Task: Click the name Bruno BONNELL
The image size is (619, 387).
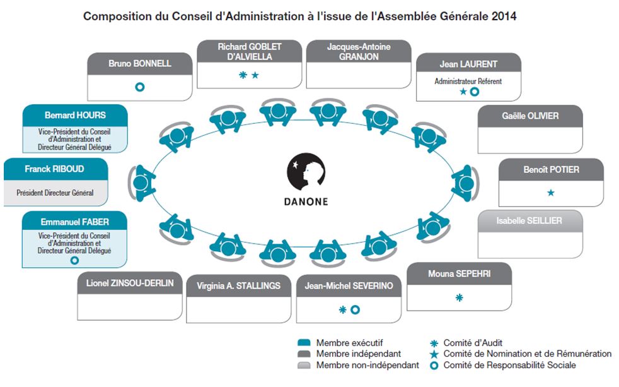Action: tap(140, 64)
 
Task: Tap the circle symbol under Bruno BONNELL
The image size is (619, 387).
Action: tap(140, 86)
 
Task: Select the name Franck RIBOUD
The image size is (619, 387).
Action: tap(54, 169)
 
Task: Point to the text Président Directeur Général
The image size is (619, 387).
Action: tap(55, 193)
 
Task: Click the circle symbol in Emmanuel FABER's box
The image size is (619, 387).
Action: tap(74, 259)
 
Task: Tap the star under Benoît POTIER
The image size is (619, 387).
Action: tap(551, 193)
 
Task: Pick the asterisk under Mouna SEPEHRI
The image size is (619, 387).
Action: tap(459, 297)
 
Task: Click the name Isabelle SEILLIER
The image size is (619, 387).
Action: tap(529, 221)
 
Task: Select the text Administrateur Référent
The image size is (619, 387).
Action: tap(468, 81)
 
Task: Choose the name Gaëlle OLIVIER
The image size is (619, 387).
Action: tap(530, 116)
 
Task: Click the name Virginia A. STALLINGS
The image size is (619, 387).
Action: tap(238, 285)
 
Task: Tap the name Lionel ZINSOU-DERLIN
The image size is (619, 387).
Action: tap(130, 283)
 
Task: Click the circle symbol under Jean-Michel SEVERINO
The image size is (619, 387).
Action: tap(355, 309)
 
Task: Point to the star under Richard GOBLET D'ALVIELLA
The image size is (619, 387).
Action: tap(255, 76)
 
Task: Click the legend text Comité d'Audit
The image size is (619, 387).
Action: tap(473, 342)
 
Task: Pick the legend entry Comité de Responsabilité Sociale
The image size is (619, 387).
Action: tap(509, 365)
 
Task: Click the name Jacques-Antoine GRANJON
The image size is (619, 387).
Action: tap(359, 52)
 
